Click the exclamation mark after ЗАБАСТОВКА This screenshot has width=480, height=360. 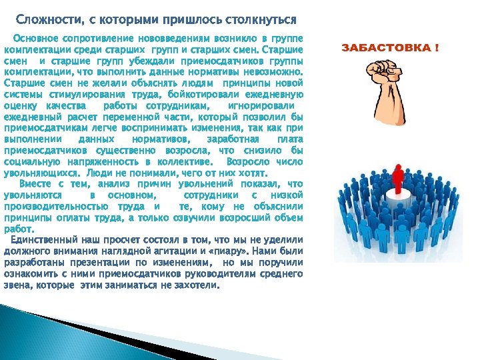click(x=437, y=49)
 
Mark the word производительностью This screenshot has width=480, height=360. click(x=55, y=205)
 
